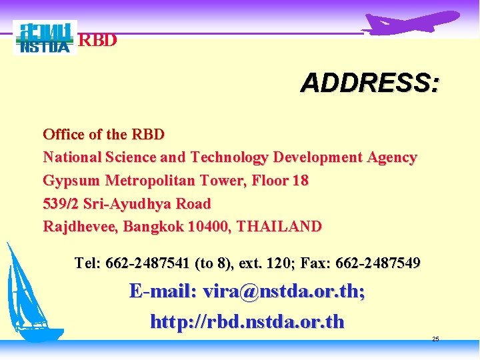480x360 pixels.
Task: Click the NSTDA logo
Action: [x=45, y=38]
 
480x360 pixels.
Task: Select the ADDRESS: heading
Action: [x=369, y=84]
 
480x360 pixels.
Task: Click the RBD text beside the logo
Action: [x=98, y=41]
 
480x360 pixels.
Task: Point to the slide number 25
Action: [x=435, y=339]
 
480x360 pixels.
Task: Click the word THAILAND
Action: [x=279, y=226]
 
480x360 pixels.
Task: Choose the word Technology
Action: [x=229, y=157]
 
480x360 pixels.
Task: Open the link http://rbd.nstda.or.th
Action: [x=247, y=322]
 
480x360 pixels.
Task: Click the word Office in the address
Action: [x=63, y=134]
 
